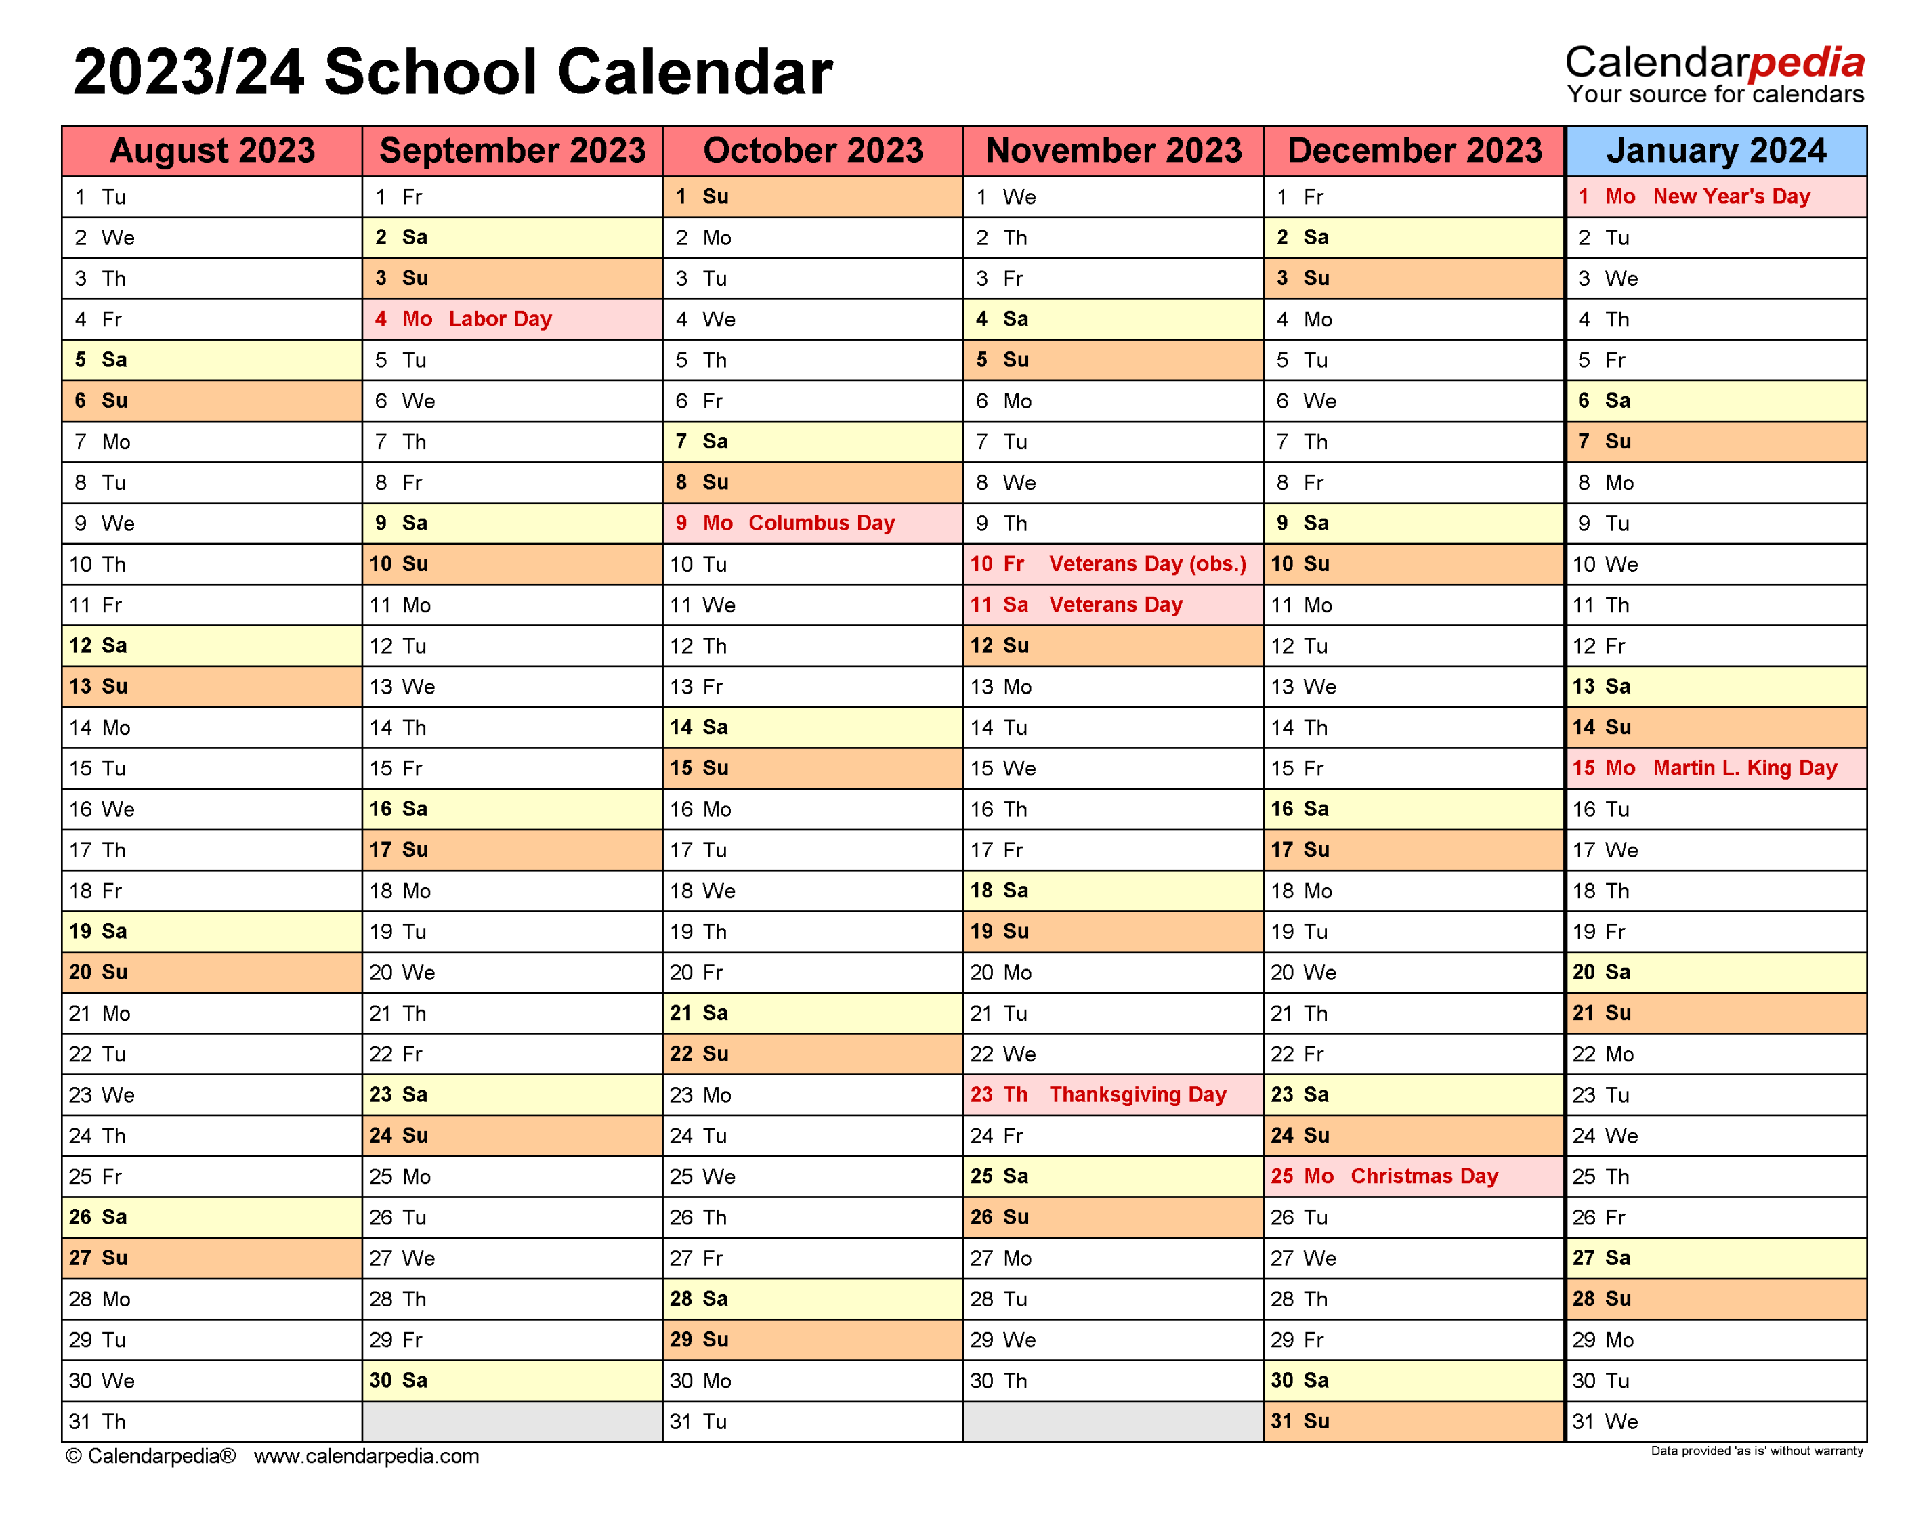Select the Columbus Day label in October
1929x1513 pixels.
821,523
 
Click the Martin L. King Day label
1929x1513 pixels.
1744,768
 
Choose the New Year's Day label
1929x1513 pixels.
1731,196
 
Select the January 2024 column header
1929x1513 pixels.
1716,150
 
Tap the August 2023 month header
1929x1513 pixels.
212,150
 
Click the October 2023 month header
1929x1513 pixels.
812,150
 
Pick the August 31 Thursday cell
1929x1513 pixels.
212,1421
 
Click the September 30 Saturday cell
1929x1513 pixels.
512,1380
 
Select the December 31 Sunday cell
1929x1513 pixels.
1414,1421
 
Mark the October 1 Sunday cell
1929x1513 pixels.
812,196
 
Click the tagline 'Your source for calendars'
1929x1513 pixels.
1715,94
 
